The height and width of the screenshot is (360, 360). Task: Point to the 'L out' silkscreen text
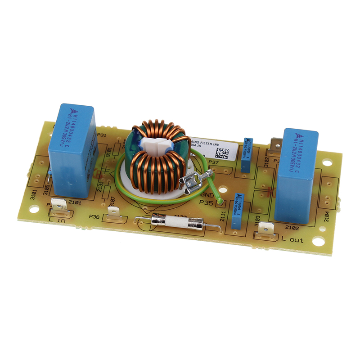pyautogui.click(x=292, y=240)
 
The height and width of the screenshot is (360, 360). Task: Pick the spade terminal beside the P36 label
pyautogui.click(x=114, y=211)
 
